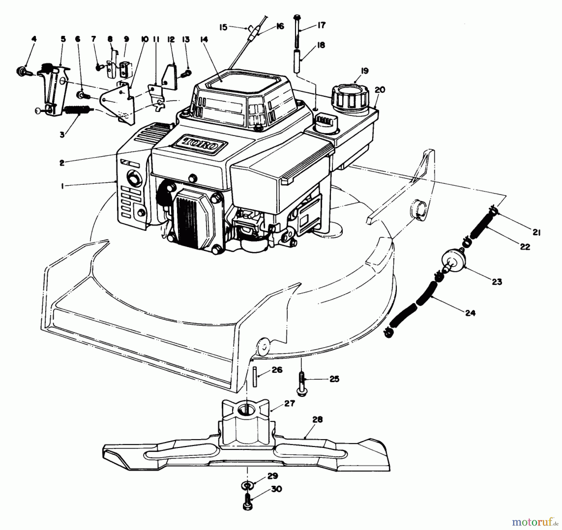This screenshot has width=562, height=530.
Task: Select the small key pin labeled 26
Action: click(255, 377)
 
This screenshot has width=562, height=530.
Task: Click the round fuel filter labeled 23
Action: click(452, 259)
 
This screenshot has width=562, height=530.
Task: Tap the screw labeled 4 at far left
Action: click(22, 71)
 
